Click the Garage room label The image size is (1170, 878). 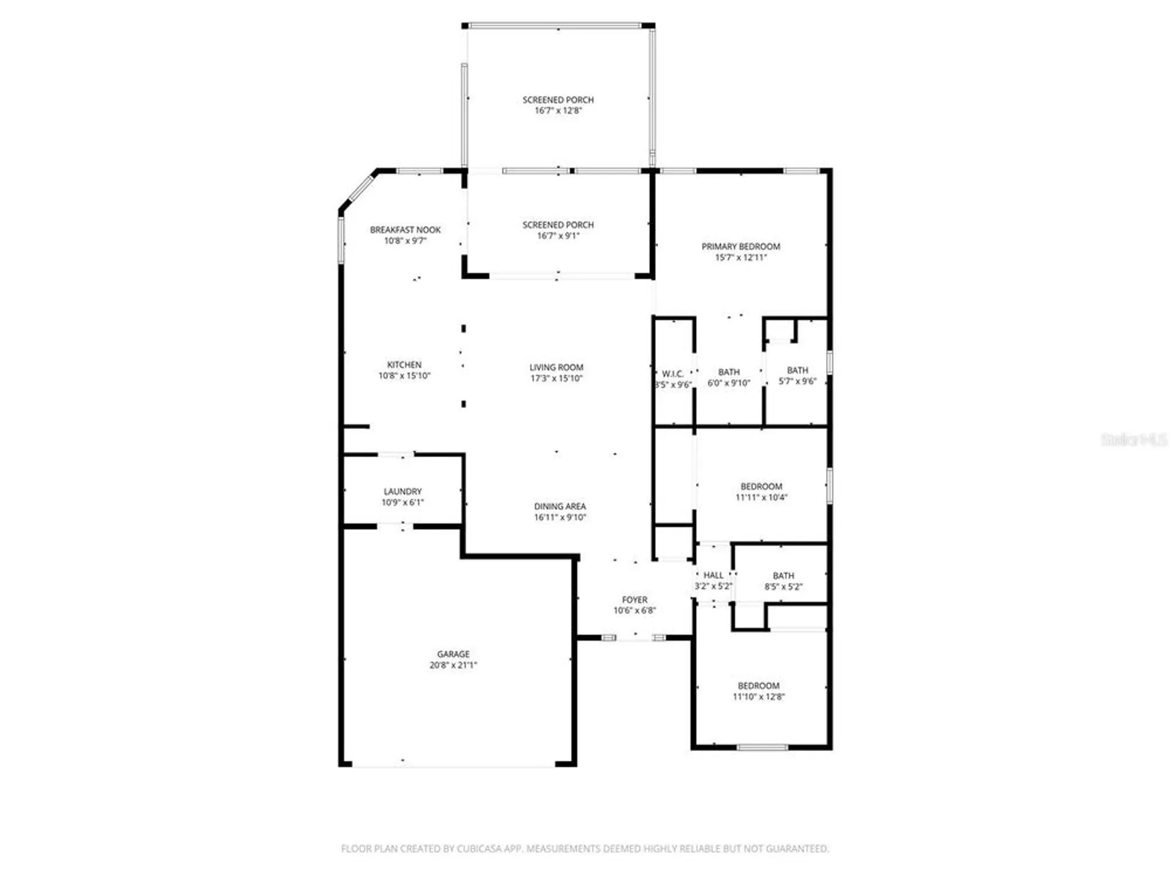click(x=453, y=654)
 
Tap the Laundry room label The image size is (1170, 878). click(x=402, y=491)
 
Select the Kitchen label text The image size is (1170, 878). click(x=404, y=365)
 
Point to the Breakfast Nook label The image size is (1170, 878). click(x=405, y=229)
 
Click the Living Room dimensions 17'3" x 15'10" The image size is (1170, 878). click(x=556, y=378)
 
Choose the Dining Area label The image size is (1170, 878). click(x=560, y=506)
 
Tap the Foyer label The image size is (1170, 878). click(x=635, y=600)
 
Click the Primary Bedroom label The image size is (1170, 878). click(x=741, y=246)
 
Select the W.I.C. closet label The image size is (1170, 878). click(x=673, y=373)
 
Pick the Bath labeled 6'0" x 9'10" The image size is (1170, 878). click(x=729, y=372)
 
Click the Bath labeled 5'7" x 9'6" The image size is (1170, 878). click(x=797, y=371)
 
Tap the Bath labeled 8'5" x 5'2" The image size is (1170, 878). click(x=783, y=576)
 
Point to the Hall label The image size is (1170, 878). click(x=713, y=575)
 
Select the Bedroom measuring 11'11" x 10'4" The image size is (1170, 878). click(x=761, y=486)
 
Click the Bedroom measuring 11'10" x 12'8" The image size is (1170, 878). click(x=759, y=685)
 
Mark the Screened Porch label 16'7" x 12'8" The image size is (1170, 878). click(x=558, y=100)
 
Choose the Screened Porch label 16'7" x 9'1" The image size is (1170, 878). click(x=558, y=225)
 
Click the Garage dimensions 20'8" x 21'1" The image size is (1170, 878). click(x=453, y=665)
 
